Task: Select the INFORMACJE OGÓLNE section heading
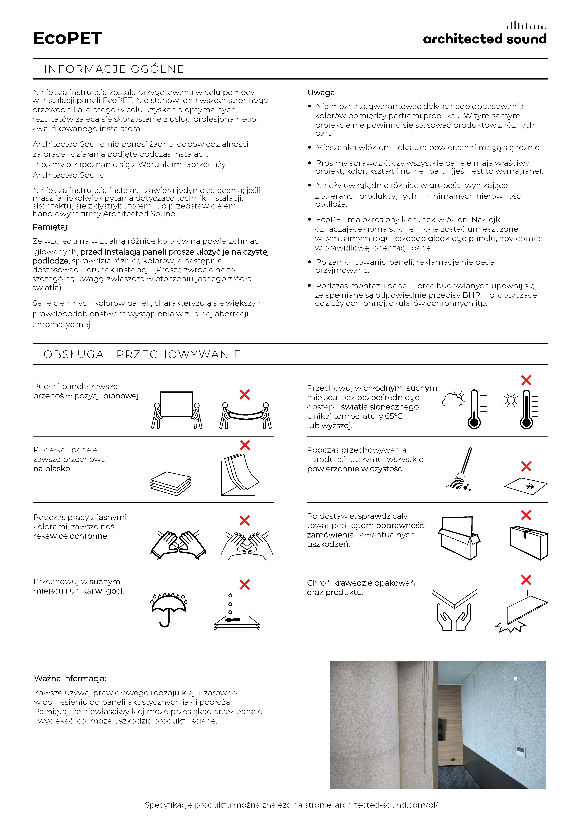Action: pyautogui.click(x=114, y=69)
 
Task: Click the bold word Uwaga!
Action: pyautogui.click(x=322, y=93)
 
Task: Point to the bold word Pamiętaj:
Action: pyautogui.click(x=50, y=227)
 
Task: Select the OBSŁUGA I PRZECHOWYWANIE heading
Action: pyautogui.click(x=142, y=354)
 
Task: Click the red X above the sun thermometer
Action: pyautogui.click(x=526, y=380)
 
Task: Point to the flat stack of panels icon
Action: pyautogui.click(x=171, y=483)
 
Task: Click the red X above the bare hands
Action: pyautogui.click(x=245, y=520)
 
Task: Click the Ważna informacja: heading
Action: pyautogui.click(x=70, y=678)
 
